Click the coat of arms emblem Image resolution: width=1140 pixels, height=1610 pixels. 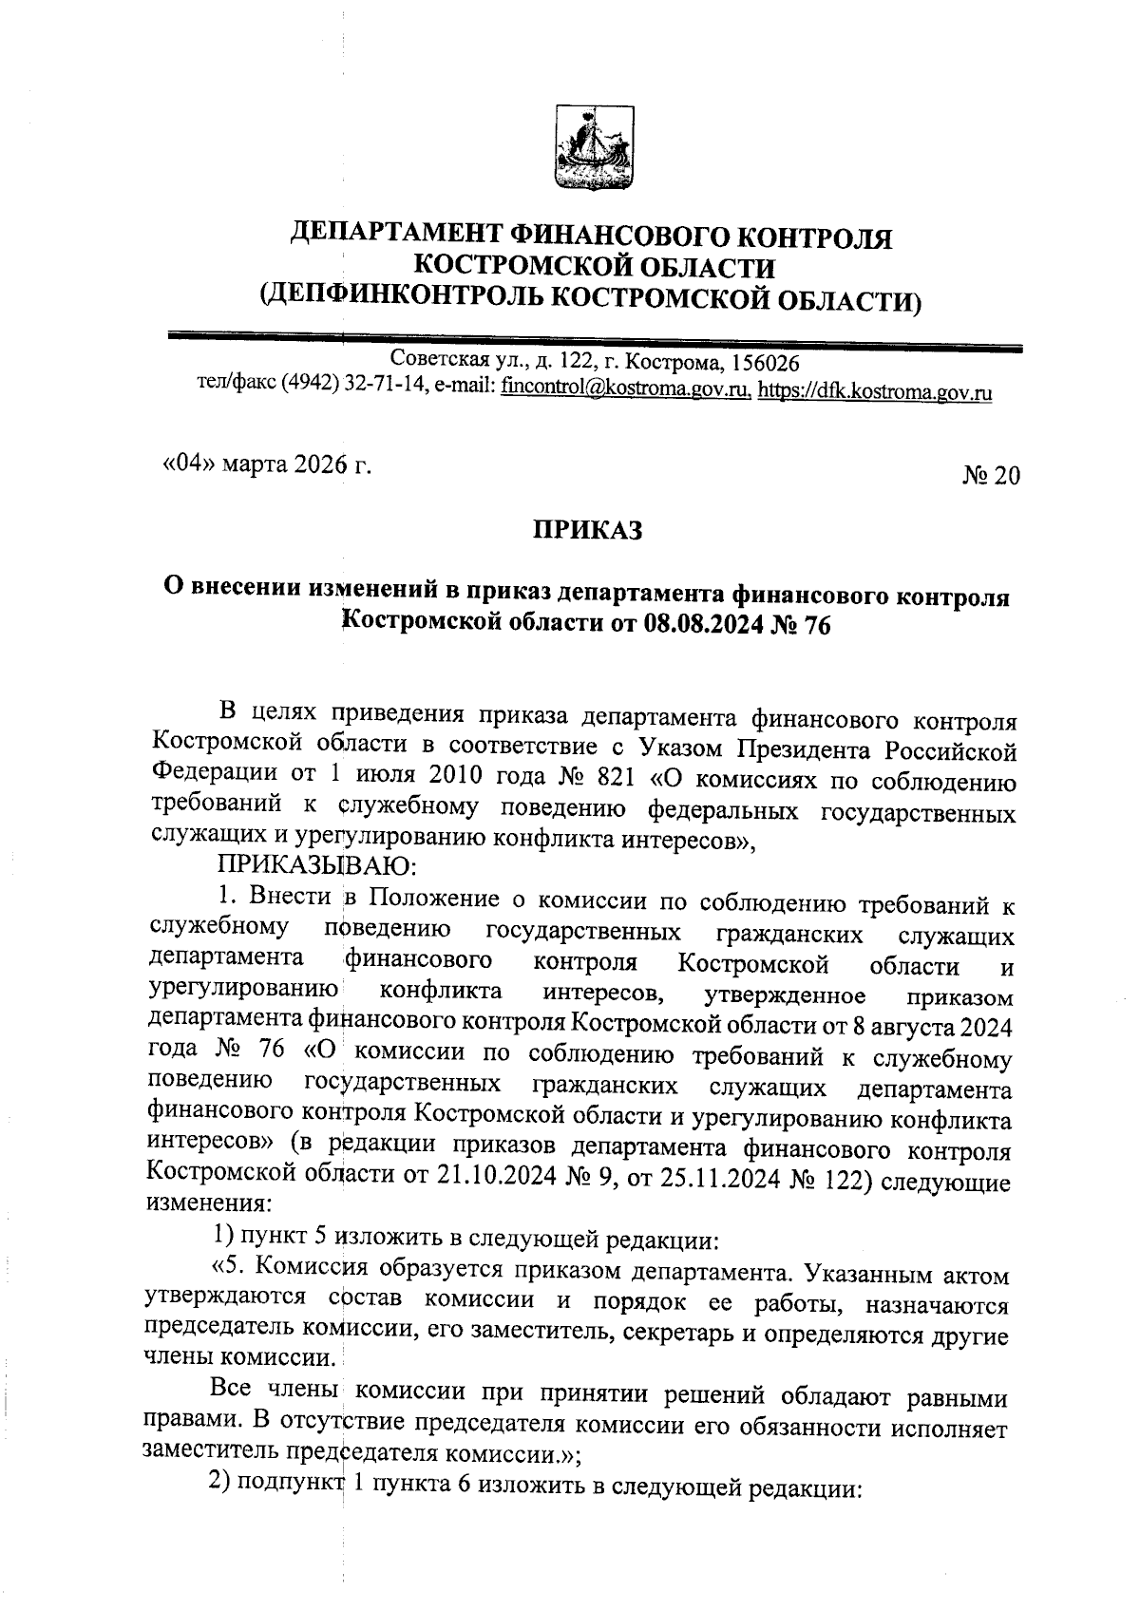click(x=595, y=150)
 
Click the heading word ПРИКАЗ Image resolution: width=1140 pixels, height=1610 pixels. click(x=586, y=529)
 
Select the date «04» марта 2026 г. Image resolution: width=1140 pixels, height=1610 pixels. click(x=265, y=465)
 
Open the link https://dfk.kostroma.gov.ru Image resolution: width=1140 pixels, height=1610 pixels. click(x=875, y=391)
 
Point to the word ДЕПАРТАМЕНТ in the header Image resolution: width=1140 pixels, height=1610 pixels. click(x=396, y=235)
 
